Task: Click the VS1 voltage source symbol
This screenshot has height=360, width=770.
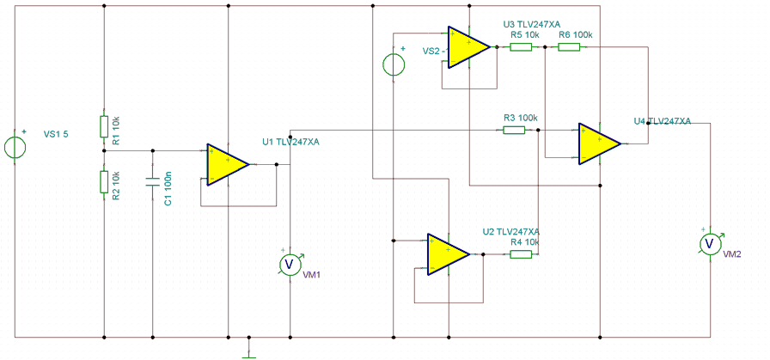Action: point(15,147)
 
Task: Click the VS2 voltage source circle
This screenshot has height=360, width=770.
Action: point(394,64)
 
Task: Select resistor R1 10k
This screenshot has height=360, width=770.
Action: point(104,126)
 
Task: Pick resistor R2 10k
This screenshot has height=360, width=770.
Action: point(104,182)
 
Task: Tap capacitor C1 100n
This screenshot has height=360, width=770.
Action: point(152,182)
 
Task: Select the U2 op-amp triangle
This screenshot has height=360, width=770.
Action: point(448,254)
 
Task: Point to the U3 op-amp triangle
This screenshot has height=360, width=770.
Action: point(469,47)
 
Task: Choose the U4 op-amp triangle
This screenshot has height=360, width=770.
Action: point(600,143)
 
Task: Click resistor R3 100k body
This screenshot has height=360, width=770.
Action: point(514,130)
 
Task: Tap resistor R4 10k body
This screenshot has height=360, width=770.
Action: point(521,254)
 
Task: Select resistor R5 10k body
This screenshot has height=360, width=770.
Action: point(521,47)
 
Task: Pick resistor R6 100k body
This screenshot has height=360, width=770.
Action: point(569,47)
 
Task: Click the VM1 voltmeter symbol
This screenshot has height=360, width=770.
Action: point(290,265)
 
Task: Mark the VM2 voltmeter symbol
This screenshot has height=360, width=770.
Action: point(710,244)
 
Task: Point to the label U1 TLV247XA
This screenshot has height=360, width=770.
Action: point(291,143)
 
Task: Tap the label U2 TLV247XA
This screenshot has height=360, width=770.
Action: point(510,231)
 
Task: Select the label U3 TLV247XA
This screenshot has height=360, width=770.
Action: point(532,25)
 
